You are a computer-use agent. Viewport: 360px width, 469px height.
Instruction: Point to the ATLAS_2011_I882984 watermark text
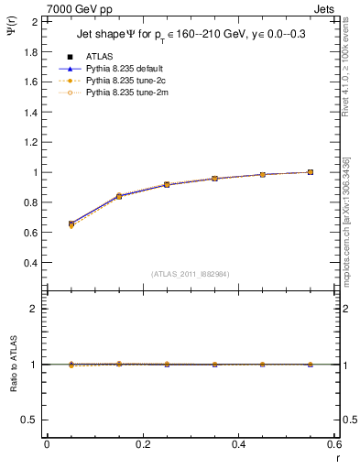(189, 273)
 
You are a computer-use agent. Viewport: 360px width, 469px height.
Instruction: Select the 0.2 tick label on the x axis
(143, 446)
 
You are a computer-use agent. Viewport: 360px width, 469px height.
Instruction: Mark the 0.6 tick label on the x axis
(335, 446)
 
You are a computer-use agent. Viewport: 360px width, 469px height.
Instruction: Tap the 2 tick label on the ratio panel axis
(34, 309)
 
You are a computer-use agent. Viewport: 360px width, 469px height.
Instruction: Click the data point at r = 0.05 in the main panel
(71, 224)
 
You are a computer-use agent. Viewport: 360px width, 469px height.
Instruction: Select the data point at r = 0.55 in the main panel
(311, 172)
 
